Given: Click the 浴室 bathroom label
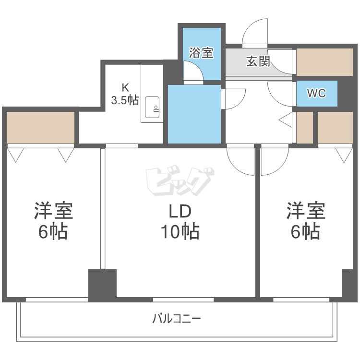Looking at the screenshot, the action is [201, 53].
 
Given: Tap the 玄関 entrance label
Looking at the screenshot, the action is [258, 61].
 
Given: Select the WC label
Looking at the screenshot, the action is [317, 93].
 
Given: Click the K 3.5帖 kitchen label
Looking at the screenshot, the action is [125, 94].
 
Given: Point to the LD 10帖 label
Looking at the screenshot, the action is [180, 221].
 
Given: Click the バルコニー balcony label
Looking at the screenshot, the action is [177, 318].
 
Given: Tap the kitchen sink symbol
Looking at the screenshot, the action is [152, 107].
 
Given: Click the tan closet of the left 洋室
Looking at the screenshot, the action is [40, 128].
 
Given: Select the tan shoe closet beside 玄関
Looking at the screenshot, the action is [324, 62].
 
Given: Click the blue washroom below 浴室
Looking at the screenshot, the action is [194, 114].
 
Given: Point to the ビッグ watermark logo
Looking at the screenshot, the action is [180, 180].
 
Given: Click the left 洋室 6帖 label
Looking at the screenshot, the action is [53, 221].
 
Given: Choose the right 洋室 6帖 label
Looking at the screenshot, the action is [306, 221].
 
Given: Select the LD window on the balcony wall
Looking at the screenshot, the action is [183, 300].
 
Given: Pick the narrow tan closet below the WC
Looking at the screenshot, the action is [305, 128].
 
